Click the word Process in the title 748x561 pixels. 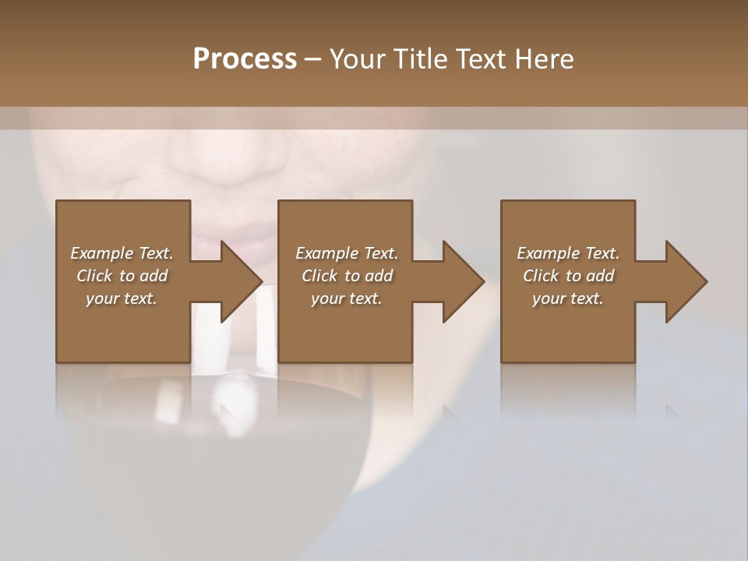point(245,59)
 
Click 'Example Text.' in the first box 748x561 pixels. point(122,253)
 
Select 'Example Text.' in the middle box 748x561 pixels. point(347,253)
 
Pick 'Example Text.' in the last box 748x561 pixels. point(568,253)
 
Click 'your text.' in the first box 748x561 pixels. point(122,298)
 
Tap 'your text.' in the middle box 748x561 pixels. point(347,298)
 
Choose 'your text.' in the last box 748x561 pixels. point(568,298)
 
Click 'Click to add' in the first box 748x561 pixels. point(122,276)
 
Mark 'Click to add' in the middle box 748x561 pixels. point(347,276)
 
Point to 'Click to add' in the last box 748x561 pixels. point(568,276)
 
